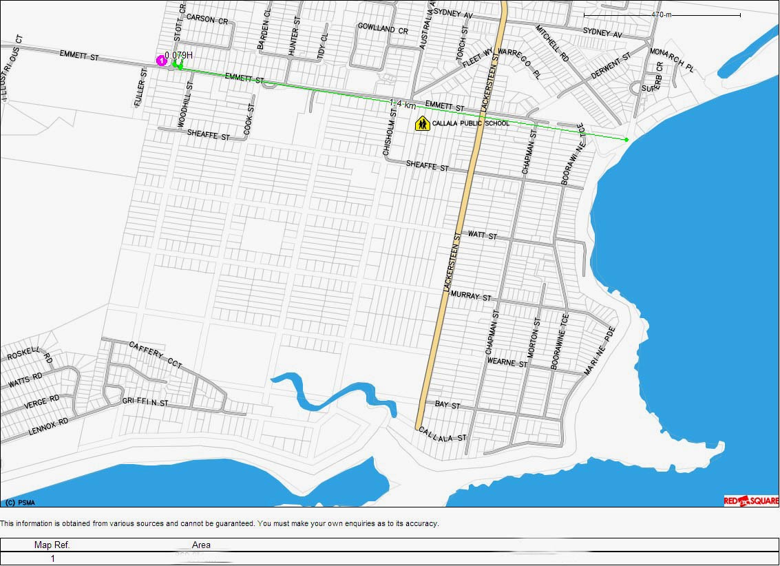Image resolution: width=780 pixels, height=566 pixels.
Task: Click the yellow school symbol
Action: pyautogui.click(x=422, y=123)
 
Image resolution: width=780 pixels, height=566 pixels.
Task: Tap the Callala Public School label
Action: pyautogui.click(x=471, y=123)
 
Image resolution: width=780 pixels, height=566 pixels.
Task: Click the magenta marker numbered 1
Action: pyautogui.click(x=161, y=61)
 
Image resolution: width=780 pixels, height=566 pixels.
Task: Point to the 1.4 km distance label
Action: pyautogui.click(x=402, y=103)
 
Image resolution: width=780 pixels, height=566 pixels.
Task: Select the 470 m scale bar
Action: pyautogui.click(x=662, y=14)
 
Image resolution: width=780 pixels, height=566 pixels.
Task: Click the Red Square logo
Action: pyautogui.click(x=750, y=501)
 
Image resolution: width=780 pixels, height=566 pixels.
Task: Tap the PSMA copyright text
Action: pyautogui.click(x=20, y=503)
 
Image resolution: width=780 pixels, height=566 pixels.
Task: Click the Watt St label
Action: pyautogui.click(x=482, y=235)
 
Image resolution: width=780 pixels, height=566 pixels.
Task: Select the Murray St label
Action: pyautogui.click(x=471, y=297)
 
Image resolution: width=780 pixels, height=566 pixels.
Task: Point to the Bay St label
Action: pyautogui.click(x=447, y=405)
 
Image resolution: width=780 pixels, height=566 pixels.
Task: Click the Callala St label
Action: pyautogui.click(x=442, y=434)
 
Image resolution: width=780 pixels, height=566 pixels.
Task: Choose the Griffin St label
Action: pyautogui.click(x=145, y=401)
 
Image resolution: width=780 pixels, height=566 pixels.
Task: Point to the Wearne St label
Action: pyautogui.click(x=507, y=362)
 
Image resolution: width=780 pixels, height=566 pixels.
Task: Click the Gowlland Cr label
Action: pyautogui.click(x=383, y=29)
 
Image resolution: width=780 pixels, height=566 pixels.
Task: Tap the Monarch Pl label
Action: pyautogui.click(x=673, y=60)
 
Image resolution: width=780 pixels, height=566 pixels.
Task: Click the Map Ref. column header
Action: pyautogui.click(x=52, y=545)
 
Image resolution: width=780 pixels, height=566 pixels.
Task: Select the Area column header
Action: pyautogui.click(x=201, y=545)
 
